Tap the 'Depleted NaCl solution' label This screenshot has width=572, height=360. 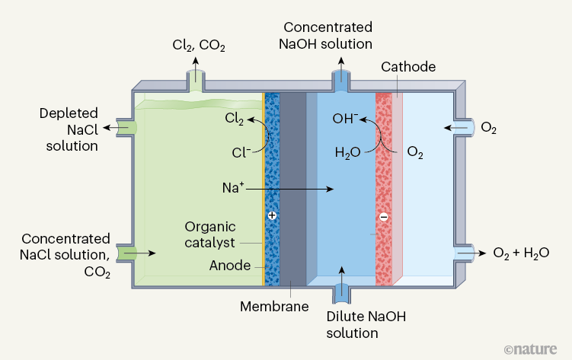coord(69,129)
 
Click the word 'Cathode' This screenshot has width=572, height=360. coord(409,67)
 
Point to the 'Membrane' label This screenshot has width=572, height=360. coord(274,307)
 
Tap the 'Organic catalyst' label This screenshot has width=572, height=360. coord(210,234)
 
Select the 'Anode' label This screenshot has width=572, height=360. coord(228,266)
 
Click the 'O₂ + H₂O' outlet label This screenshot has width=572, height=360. coord(522,253)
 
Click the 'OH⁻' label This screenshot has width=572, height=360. coord(344,119)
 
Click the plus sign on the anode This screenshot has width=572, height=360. coord(272,216)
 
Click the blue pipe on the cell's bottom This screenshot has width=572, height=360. coord(342,292)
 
